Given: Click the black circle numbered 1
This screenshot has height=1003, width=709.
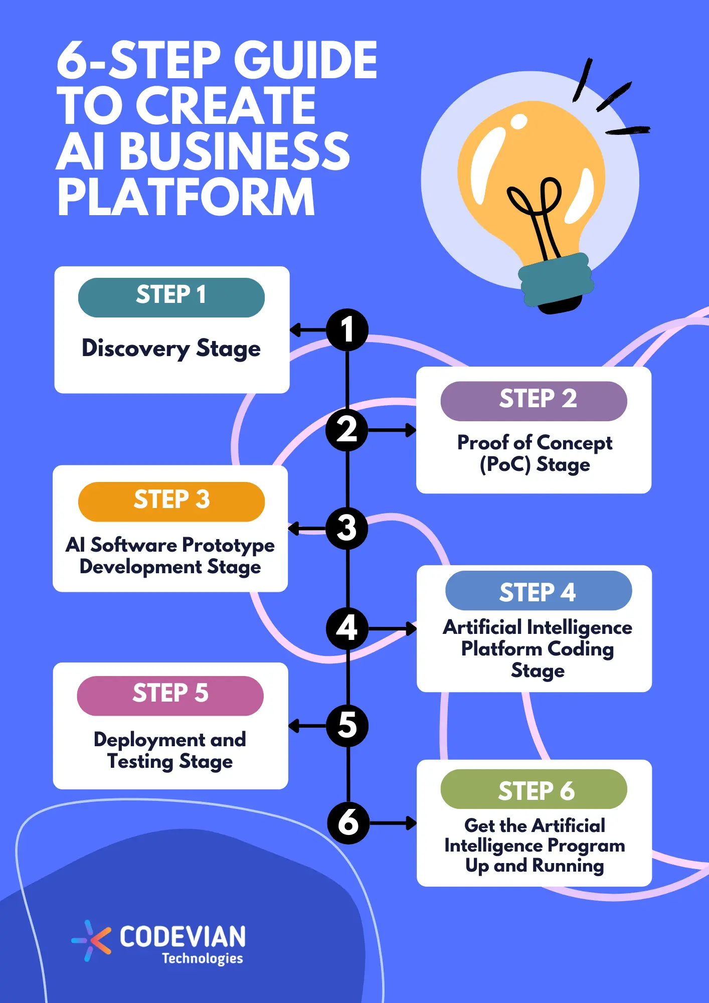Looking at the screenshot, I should tap(347, 330).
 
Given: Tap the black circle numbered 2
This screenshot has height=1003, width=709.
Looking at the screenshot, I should tap(347, 430).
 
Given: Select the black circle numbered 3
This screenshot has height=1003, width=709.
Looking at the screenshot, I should tap(347, 528).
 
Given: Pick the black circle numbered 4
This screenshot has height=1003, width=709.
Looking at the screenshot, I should tap(347, 628).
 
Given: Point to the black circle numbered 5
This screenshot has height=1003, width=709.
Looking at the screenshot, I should tap(347, 725).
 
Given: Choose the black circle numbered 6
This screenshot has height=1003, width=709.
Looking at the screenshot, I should tap(348, 822).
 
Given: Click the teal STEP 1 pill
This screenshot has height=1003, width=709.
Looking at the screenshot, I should tap(171, 297).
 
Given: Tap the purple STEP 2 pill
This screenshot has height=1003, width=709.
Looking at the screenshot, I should tap(534, 401).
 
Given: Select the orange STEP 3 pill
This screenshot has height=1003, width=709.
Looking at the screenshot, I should tap(171, 501).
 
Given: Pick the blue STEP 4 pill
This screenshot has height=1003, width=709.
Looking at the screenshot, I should tap(538, 591).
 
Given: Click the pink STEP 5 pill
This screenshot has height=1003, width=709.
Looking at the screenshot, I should tap(170, 695).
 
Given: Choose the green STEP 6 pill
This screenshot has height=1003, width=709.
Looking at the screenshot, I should tap(534, 789).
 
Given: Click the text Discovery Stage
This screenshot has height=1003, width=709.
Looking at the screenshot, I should tap(171, 349).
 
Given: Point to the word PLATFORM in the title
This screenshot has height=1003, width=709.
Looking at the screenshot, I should tap(186, 197).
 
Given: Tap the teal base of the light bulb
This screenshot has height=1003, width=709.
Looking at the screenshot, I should tap(556, 279).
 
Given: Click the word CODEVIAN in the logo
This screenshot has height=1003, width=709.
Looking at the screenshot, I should tap(183, 936).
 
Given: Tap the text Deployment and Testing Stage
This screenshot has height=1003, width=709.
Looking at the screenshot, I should tap(170, 750).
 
